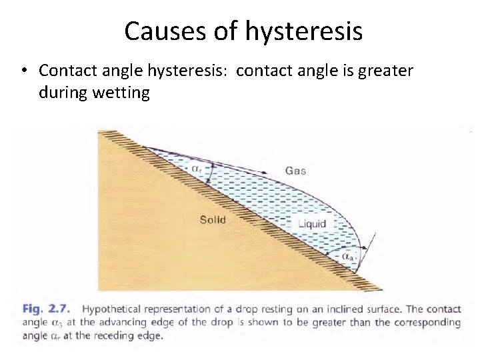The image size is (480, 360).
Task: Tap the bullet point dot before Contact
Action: click(23, 71)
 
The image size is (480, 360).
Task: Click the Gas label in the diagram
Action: click(295, 171)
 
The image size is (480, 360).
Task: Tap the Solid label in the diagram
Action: click(213, 219)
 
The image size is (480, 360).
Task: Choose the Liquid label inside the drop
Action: click(312, 224)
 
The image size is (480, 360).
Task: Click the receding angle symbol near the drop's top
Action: click(197, 169)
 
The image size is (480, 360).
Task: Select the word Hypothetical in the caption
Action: click(111, 309)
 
